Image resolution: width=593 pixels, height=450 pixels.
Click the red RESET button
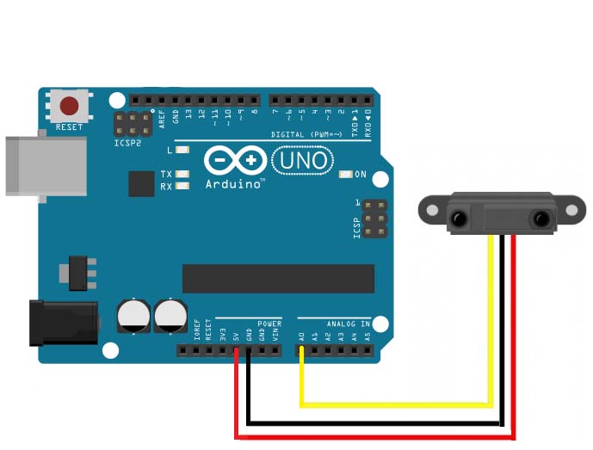click(69, 107)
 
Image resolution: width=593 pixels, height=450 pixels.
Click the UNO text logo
click(300, 160)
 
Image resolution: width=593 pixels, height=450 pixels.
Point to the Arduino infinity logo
click(235, 161)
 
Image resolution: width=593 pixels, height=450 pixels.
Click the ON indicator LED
click(346, 175)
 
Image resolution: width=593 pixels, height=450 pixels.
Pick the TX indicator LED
click(182, 175)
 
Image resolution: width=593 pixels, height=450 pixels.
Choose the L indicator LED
click(182, 151)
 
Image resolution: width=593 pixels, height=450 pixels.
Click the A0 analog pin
click(302, 350)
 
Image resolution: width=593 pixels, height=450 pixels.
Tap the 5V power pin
click(236, 350)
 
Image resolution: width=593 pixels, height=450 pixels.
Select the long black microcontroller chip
click(278, 278)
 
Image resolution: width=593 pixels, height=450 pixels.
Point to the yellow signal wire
click(396, 403)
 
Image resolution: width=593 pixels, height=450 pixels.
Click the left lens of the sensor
click(459, 219)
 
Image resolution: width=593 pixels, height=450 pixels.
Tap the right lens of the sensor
click(541, 219)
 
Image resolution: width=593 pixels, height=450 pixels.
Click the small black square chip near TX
click(140, 183)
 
